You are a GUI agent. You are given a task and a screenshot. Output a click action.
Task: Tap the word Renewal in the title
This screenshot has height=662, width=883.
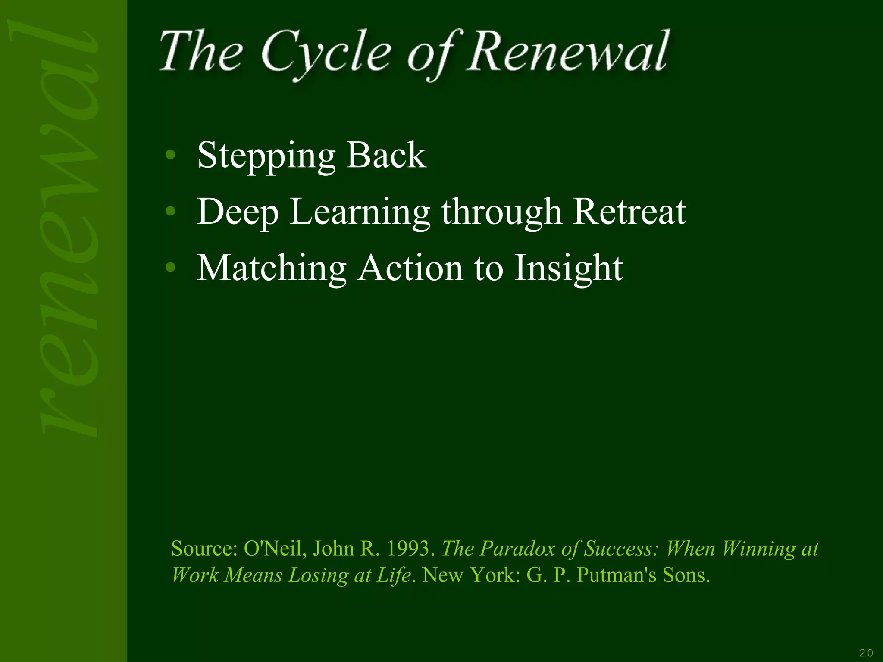click(x=568, y=52)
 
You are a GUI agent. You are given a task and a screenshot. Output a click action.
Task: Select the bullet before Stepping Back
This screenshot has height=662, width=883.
click(x=171, y=155)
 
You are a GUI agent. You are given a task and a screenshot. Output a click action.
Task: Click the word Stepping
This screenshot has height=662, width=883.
click(x=266, y=156)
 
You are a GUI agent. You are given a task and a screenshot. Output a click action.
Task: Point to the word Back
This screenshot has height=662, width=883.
click(x=386, y=155)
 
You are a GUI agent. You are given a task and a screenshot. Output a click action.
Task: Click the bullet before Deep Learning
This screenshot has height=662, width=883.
click(x=171, y=211)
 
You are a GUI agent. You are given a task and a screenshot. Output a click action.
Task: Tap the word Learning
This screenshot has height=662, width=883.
click(x=360, y=212)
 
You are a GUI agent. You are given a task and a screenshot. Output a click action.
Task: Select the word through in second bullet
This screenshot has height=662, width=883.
click(x=501, y=212)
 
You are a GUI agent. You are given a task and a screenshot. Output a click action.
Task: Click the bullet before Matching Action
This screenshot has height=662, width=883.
click(x=171, y=268)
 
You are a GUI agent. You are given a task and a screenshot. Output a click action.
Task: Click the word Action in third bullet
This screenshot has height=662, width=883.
click(x=411, y=268)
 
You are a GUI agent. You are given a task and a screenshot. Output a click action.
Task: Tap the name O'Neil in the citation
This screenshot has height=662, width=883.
click(x=275, y=549)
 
